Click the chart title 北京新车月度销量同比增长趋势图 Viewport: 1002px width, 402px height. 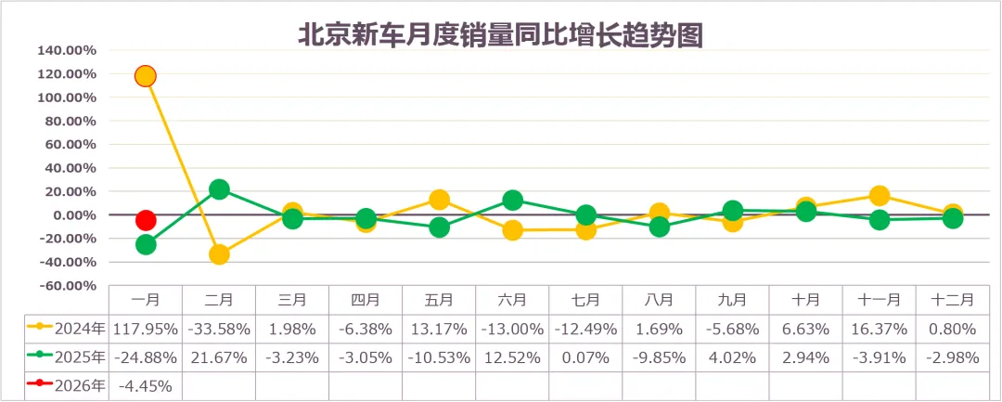[x=500, y=34]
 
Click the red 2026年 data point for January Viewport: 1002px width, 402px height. [x=145, y=220]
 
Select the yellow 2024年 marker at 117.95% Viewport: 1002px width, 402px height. [x=145, y=76]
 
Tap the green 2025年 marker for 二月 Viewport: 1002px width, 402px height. [x=219, y=189]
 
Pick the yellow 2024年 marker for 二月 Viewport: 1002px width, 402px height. [x=219, y=254]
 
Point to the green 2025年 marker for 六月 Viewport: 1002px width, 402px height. [x=512, y=201]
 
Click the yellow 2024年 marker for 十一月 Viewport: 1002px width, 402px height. [x=880, y=196]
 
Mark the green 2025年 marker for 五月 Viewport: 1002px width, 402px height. [x=439, y=227]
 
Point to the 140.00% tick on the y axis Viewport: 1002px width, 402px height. [x=67, y=50]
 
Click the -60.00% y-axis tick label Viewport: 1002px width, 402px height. [x=67, y=286]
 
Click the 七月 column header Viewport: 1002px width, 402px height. [x=585, y=300]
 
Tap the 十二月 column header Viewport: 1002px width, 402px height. [x=953, y=300]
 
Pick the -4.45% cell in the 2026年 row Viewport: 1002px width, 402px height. [x=145, y=384]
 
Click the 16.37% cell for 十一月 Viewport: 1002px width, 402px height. [x=880, y=328]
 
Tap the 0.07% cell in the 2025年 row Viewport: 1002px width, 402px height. [x=585, y=357]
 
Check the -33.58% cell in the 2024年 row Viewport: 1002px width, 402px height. [x=219, y=328]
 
